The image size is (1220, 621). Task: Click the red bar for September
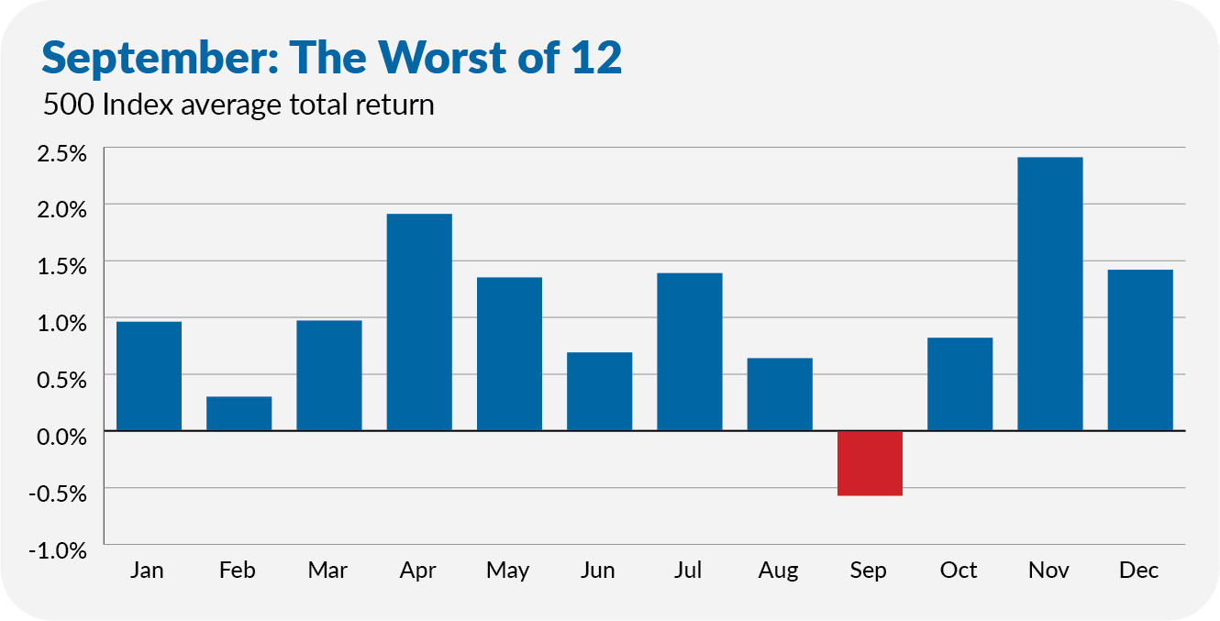[x=870, y=463]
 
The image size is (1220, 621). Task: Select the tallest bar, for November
[x=1050, y=294]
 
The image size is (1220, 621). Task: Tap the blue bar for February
[x=239, y=414]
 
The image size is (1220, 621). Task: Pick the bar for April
[x=419, y=323]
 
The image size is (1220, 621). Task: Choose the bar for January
[x=150, y=376]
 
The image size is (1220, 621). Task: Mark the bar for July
[x=690, y=352]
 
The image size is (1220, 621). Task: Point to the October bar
[x=960, y=384]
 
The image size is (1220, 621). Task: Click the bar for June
[x=600, y=392]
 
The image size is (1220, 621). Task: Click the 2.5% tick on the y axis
[x=61, y=153]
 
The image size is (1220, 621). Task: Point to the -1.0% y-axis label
[x=58, y=550]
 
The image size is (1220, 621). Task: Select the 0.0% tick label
[x=61, y=437]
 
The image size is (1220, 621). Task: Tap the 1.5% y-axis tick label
[x=61, y=267]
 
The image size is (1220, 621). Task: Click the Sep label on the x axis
[x=869, y=571]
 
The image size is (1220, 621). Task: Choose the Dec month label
[x=1139, y=570]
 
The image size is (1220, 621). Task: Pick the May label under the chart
[x=507, y=571]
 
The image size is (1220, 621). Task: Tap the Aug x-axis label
[x=778, y=571]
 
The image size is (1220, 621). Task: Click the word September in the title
[x=161, y=59]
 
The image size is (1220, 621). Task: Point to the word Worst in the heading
[x=443, y=57]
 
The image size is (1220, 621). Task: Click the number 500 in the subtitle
[x=69, y=105]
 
